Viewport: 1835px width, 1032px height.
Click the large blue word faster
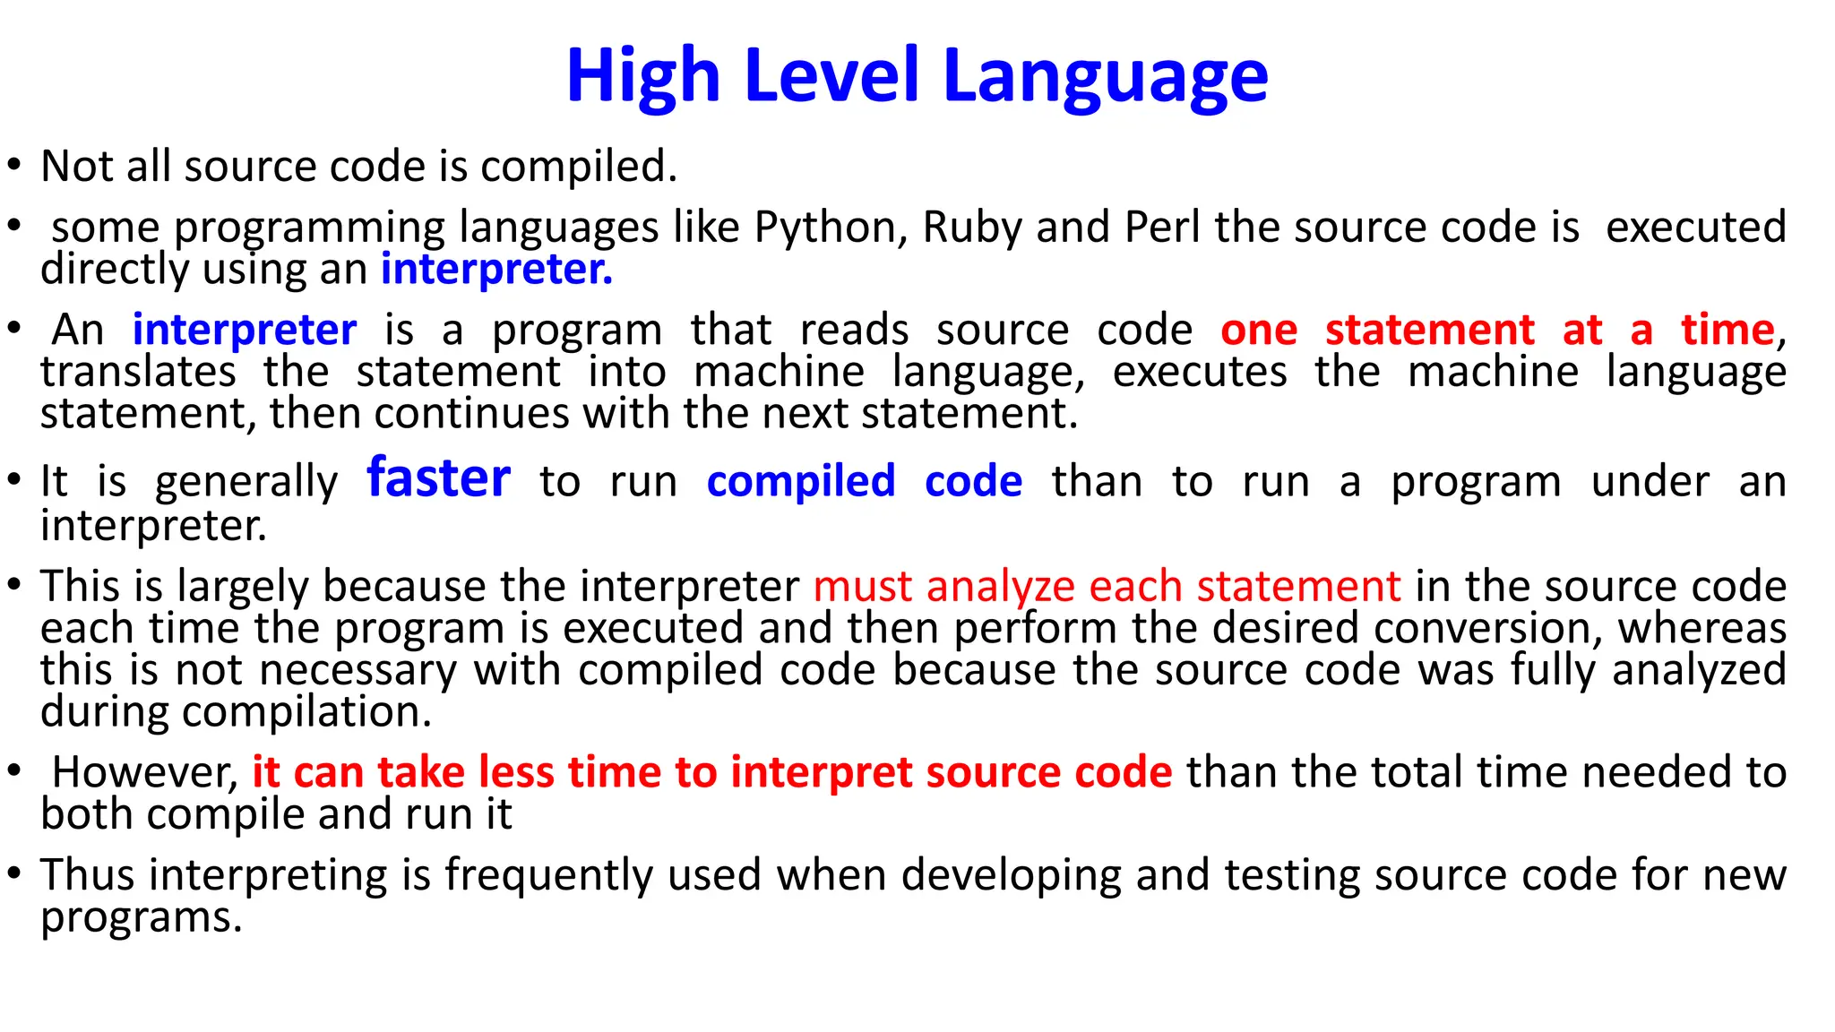pyautogui.click(x=438, y=478)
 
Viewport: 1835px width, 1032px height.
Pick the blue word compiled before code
pyautogui.click(x=800, y=482)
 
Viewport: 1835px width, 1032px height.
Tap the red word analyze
pyautogui.click(x=1000, y=588)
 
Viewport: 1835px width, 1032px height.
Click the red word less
pyautogui.click(x=516, y=772)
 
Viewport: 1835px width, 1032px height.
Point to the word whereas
pyautogui.click(x=1701, y=629)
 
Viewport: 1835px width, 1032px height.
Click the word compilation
pyautogui.click(x=307, y=712)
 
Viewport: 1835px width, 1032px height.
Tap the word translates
pyautogui.click(x=138, y=372)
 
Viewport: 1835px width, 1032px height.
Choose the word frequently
pyautogui.click(x=549, y=875)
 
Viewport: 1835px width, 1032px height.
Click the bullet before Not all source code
pyautogui.click(x=13, y=166)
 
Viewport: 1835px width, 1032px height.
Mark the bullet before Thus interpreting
pyautogui.click(x=13, y=874)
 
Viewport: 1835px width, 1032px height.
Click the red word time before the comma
pyautogui.click(x=1727, y=331)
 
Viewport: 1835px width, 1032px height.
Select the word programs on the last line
pyautogui.click(x=141, y=918)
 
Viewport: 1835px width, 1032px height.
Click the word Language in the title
pyautogui.click(x=1106, y=77)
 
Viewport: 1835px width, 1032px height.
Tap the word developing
pyautogui.click(x=1011, y=875)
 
